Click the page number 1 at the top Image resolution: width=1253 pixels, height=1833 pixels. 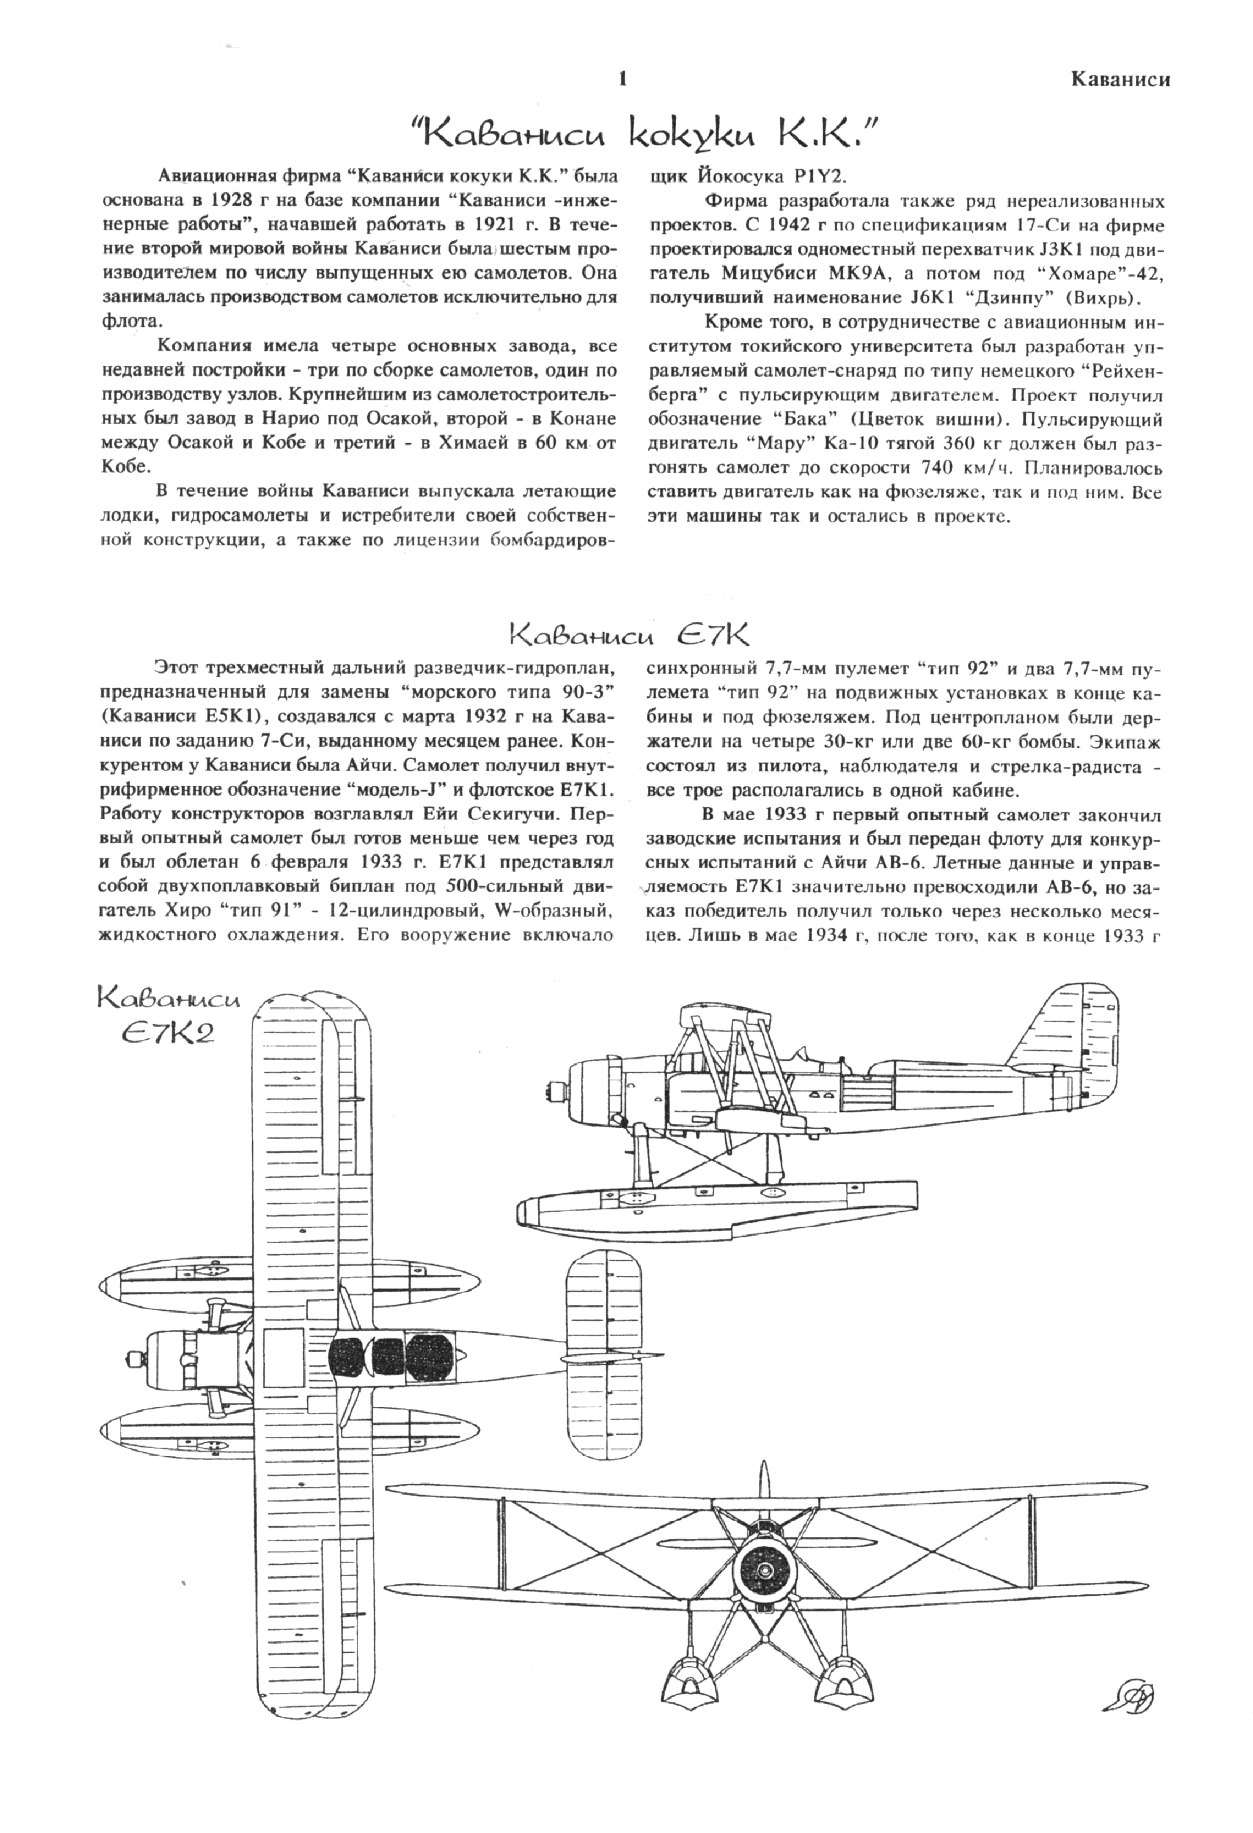click(x=624, y=79)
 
